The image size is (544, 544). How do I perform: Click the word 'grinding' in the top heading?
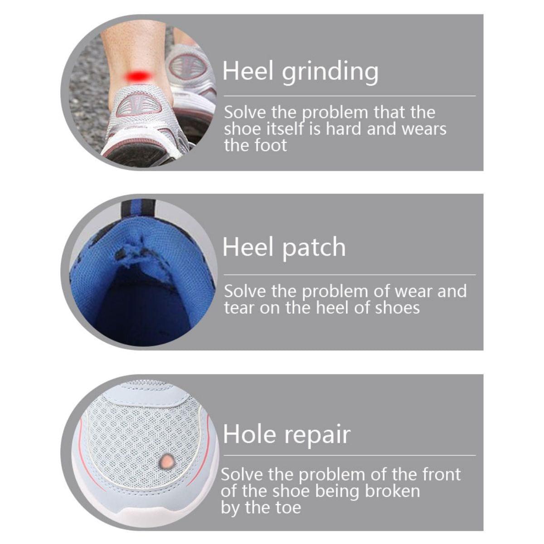330,72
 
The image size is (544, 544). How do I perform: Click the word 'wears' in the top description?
424,129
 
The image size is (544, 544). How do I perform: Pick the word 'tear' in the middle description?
237,308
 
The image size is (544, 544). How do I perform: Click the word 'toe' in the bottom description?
287,508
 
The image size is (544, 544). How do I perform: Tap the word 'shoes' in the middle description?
397,308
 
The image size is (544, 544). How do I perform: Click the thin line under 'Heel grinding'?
349,96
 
